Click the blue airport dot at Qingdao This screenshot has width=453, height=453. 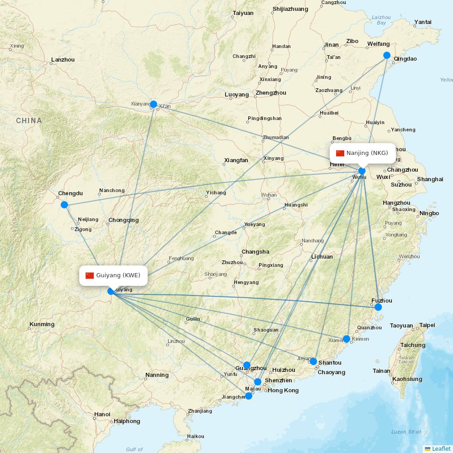point(387,55)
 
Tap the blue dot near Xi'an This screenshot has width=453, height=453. point(154,104)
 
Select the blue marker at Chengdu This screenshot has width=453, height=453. point(64,205)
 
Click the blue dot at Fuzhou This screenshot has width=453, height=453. point(378,307)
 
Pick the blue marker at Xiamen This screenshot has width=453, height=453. point(347,339)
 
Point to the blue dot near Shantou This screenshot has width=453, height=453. point(313,361)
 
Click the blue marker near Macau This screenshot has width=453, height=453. point(249,396)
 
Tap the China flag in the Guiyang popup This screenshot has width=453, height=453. point(90,275)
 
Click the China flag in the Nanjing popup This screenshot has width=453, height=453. point(340,153)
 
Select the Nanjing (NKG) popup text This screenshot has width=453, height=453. point(367,153)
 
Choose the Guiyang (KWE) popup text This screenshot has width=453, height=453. point(118,275)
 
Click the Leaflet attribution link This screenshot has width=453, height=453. point(441,448)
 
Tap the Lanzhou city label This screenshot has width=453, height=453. point(63,59)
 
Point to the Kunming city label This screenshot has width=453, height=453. point(42,324)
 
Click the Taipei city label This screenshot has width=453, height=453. point(427,325)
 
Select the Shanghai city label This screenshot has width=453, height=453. point(430,179)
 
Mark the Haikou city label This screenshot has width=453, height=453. point(195,437)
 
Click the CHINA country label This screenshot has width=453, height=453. point(29,121)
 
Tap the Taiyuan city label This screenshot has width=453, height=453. point(243,13)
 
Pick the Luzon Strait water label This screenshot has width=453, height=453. point(406,432)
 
